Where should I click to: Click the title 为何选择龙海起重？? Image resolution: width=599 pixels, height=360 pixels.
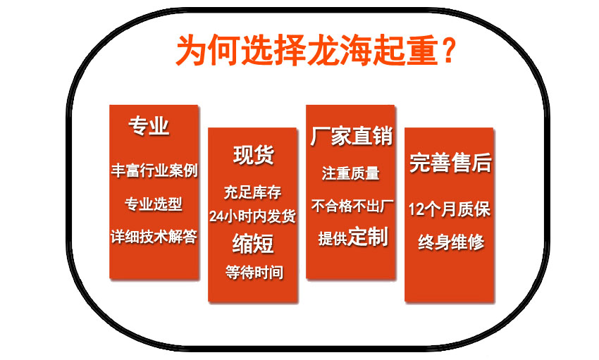316,49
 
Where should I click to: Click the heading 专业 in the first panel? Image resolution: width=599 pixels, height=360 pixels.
149,125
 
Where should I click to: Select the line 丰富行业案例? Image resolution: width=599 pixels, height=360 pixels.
154,170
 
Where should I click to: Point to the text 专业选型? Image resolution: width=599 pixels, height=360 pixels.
154,204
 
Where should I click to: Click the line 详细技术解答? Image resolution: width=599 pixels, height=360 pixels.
154,237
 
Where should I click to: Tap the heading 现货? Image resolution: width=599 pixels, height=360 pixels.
254,155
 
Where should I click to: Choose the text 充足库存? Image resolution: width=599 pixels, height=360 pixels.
253,192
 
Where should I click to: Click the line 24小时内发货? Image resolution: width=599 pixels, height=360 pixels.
252,216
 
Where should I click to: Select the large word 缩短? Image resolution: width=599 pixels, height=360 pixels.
253,244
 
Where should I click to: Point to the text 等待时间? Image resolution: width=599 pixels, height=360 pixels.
254,273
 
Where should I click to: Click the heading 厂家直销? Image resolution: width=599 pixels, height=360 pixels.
351,136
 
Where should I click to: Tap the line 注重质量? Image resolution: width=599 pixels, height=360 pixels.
351,173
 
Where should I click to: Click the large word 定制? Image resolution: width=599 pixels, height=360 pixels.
368,237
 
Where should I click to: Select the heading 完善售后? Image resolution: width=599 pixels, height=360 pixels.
450,163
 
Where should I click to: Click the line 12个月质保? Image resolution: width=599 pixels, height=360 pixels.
450,209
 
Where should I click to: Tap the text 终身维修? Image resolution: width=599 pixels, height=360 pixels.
451,242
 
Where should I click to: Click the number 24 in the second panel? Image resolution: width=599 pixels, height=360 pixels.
216,217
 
